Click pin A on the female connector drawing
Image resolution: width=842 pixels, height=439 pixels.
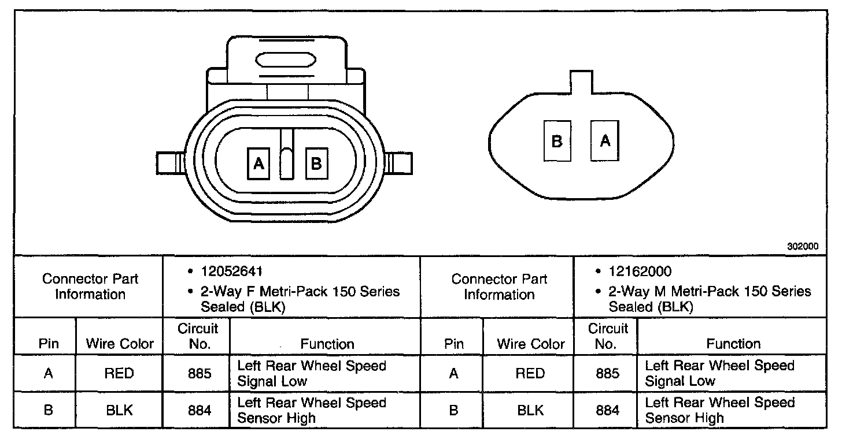[x=258, y=164]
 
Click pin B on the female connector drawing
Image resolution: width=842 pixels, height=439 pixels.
[x=316, y=164]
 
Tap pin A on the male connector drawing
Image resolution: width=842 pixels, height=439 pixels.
[x=605, y=140]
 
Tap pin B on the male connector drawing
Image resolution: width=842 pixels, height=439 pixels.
[x=557, y=141]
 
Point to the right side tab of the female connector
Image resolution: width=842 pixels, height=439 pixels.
[x=400, y=163]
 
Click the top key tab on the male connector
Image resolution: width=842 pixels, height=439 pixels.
[x=581, y=81]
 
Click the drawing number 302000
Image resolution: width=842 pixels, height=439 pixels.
[x=802, y=245]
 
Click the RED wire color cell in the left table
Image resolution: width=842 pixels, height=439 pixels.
[x=119, y=373]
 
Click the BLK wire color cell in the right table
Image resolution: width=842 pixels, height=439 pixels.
[x=530, y=410]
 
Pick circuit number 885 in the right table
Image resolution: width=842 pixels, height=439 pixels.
[x=607, y=373]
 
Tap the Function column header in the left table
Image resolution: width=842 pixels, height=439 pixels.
[x=327, y=344]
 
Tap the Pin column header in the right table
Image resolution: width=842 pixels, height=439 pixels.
[x=454, y=344]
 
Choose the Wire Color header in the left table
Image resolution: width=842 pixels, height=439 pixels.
[x=120, y=344]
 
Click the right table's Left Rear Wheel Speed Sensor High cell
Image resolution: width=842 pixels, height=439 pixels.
[x=719, y=410]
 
